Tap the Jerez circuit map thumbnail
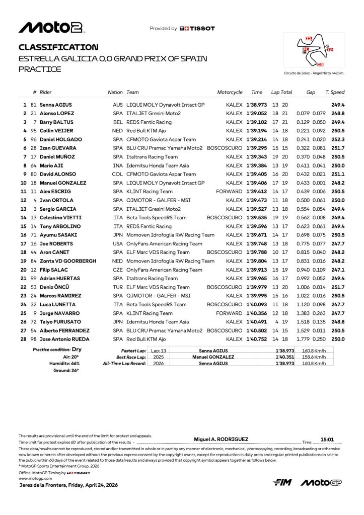[x=314, y=51]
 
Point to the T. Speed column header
[x=335, y=93]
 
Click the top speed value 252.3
[x=338, y=139]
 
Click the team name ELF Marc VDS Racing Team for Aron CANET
[x=158, y=252]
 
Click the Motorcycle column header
[x=230, y=93]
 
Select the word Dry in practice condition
[x=77, y=349]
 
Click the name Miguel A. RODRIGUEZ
[x=221, y=439]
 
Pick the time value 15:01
[x=328, y=439]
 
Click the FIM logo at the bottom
[x=282, y=483]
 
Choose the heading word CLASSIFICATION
[x=58, y=47]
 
